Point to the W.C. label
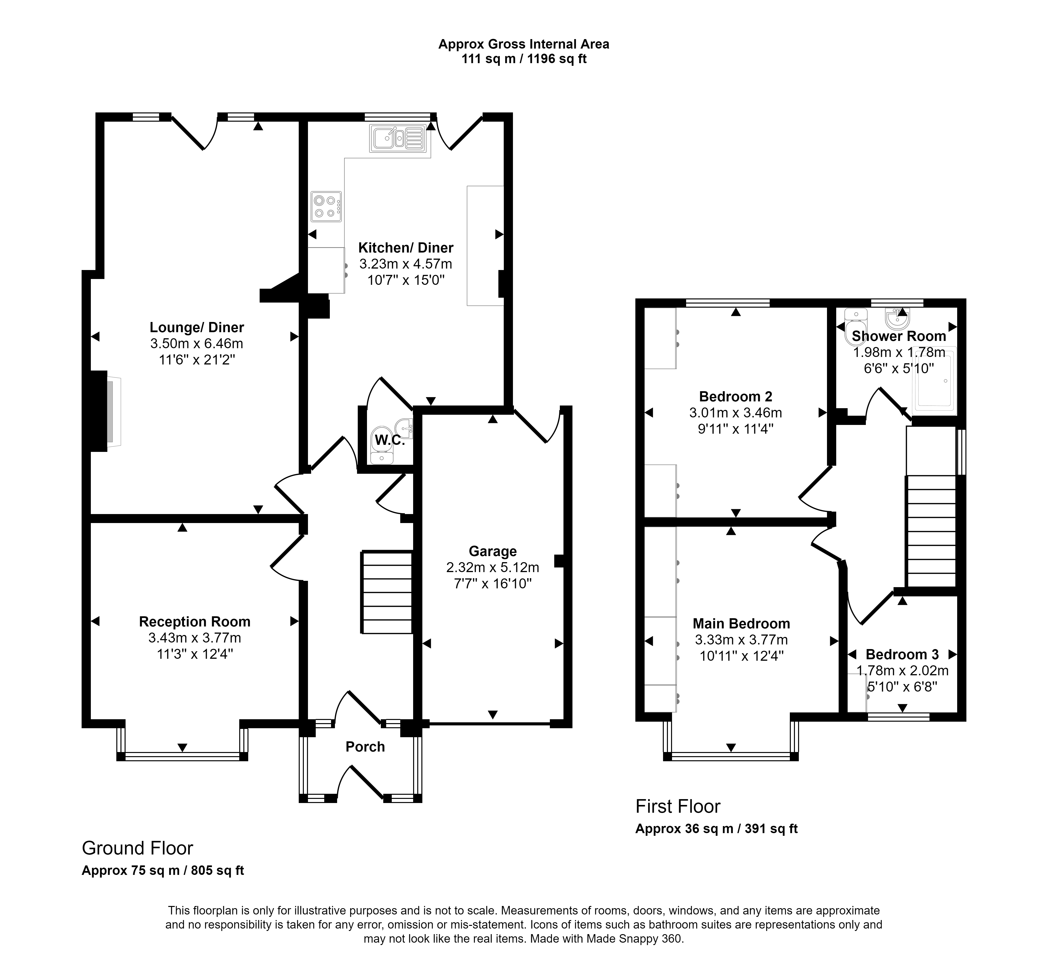click(x=390, y=440)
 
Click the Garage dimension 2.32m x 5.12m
click(x=493, y=567)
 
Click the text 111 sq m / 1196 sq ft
click(x=524, y=59)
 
